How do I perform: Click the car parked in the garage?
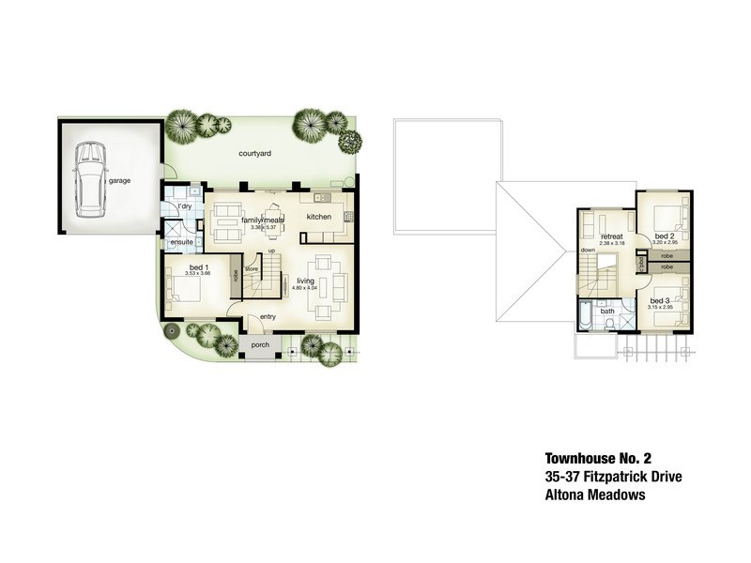(90, 178)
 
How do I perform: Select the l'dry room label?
(184, 205)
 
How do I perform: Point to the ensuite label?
(180, 243)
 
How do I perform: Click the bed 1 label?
(199, 267)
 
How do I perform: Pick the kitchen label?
(319, 218)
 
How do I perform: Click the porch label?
(260, 344)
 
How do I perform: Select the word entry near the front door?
(268, 316)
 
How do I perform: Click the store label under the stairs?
(252, 269)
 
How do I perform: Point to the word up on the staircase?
(271, 251)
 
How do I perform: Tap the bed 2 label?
(664, 236)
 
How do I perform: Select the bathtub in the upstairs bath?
(585, 316)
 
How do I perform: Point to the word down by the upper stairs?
(588, 251)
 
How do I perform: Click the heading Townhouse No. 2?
(597, 460)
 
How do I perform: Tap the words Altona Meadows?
(594, 495)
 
